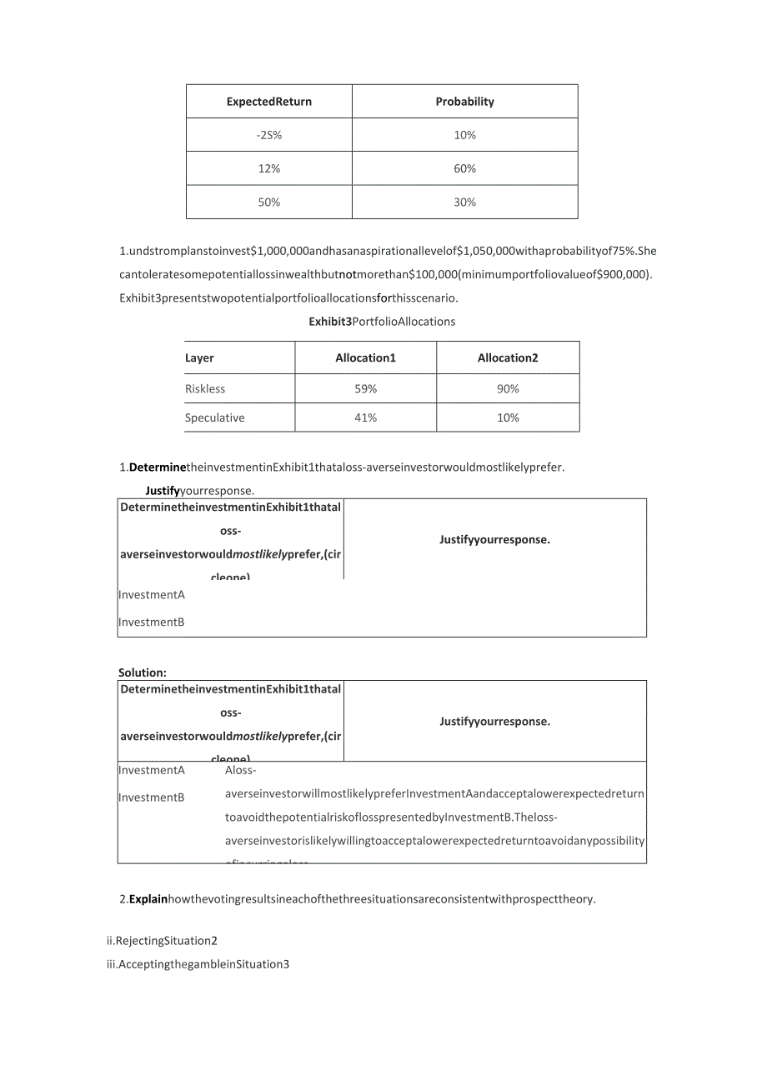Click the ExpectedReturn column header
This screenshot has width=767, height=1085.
[x=269, y=102]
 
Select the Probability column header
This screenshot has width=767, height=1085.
[x=464, y=102]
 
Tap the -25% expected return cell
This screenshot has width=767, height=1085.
[x=269, y=135]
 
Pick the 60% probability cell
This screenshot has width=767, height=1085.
[x=464, y=168]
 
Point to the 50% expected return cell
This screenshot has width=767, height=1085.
[x=269, y=202]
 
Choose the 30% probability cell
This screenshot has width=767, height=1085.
[x=464, y=202]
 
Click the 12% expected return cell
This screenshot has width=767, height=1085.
[x=269, y=168]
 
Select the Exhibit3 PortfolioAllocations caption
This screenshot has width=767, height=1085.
[x=382, y=322]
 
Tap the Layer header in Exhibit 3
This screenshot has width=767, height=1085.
[x=199, y=358]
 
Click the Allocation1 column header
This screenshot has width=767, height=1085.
[x=365, y=358]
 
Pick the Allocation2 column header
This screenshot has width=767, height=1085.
[x=508, y=358]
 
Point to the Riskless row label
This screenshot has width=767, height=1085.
[x=205, y=389]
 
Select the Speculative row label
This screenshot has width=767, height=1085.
[x=215, y=418]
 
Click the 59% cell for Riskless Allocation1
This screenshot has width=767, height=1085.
[x=365, y=389]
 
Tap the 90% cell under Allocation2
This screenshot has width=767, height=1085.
[x=508, y=389]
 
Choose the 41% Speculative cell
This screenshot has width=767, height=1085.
[x=365, y=418]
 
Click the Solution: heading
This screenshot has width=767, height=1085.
[x=143, y=672]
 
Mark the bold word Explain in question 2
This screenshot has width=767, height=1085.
[x=148, y=899]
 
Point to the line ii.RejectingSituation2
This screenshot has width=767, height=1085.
[x=162, y=941]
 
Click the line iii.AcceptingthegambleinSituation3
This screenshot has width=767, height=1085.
[x=198, y=965]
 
